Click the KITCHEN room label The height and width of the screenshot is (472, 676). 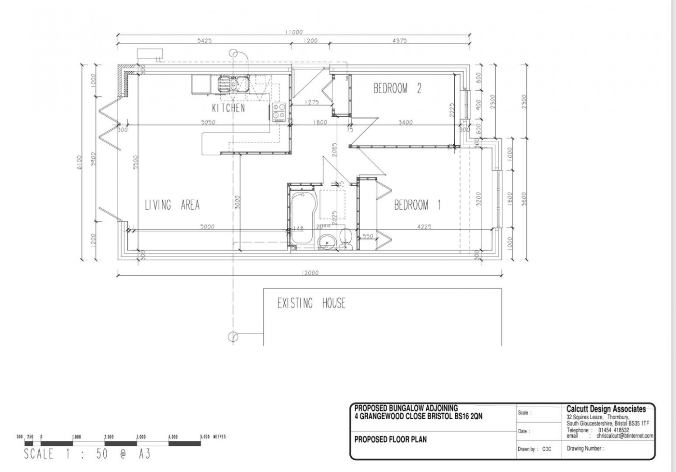[x=228, y=108]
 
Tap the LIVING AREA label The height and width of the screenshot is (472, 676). [x=172, y=205]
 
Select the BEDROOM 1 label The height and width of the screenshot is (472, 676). [x=417, y=205]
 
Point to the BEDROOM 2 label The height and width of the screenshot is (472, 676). [x=397, y=88]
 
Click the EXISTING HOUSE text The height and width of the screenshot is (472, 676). [x=311, y=303]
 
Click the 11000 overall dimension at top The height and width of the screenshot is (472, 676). [x=293, y=32]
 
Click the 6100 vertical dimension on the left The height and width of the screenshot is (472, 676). [x=79, y=162]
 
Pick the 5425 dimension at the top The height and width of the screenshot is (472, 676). [x=205, y=41]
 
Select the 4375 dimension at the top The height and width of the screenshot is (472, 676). [x=399, y=41]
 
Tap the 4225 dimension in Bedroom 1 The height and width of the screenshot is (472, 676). [x=424, y=227]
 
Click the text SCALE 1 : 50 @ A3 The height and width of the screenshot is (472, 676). [x=87, y=454]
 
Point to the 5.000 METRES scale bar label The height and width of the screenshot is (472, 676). [x=213, y=437]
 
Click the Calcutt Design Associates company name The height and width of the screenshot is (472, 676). [x=606, y=409]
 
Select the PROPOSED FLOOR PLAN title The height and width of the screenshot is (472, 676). [x=390, y=439]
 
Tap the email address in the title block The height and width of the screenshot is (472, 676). [x=624, y=436]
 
